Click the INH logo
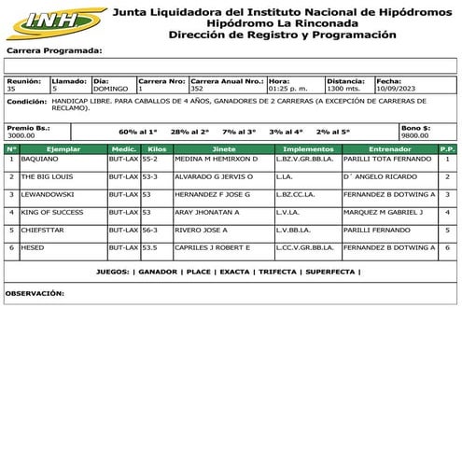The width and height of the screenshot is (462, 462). coord(55,20)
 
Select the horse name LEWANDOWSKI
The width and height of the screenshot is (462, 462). coord(48,194)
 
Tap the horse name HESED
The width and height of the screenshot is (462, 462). coord(32,247)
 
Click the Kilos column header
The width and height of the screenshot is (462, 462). coord(157,148)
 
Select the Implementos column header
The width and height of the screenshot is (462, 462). coord(307,148)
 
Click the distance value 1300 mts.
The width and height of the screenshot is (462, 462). coord(343,89)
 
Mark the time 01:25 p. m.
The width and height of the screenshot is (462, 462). coord(287,89)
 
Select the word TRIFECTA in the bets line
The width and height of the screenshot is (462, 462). coord(278,272)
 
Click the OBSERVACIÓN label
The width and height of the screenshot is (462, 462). coord(35,293)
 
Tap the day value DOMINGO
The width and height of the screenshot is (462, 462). coord(112,89)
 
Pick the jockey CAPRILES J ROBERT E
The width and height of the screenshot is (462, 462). coord(212,247)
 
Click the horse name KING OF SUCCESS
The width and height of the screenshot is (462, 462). coord(52,212)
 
